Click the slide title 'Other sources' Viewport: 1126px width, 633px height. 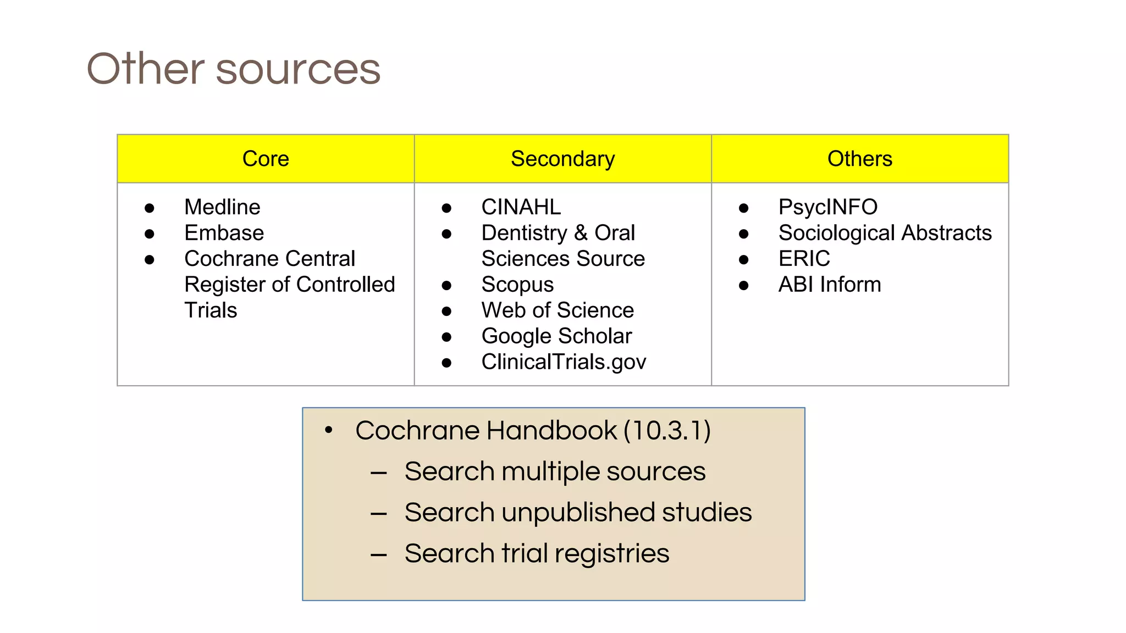pyautogui.click(x=234, y=69)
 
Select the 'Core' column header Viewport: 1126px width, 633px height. pyautogui.click(x=266, y=159)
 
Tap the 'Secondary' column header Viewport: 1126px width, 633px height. pyautogui.click(x=562, y=159)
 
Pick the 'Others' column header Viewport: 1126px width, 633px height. pyautogui.click(x=860, y=159)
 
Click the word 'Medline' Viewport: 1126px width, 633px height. pyautogui.click(x=222, y=207)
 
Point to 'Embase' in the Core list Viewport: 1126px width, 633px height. pyautogui.click(x=224, y=233)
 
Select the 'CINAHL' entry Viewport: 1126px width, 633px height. pyautogui.click(x=521, y=207)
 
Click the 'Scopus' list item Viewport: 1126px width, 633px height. pyautogui.click(x=517, y=285)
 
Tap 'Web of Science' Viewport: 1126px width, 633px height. pyautogui.click(x=558, y=310)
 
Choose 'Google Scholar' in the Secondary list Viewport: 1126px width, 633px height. pyautogui.click(x=556, y=336)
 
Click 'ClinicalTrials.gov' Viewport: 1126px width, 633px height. pyautogui.click(x=564, y=362)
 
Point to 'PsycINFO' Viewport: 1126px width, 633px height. pyautogui.click(x=827, y=207)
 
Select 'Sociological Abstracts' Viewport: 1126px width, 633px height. pyautogui.click(x=885, y=233)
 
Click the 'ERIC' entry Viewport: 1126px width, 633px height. pyautogui.click(x=804, y=259)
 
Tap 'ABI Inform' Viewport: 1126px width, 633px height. pyautogui.click(x=829, y=285)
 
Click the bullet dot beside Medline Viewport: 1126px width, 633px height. pyautogui.click(x=150, y=208)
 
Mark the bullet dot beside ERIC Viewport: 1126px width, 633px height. pyautogui.click(x=744, y=260)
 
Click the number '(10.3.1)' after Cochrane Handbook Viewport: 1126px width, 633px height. pyautogui.click(x=667, y=430)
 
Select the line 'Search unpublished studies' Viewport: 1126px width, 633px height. pyautogui.click(x=578, y=512)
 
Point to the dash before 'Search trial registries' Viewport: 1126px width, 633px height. pyautogui.click(x=379, y=555)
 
